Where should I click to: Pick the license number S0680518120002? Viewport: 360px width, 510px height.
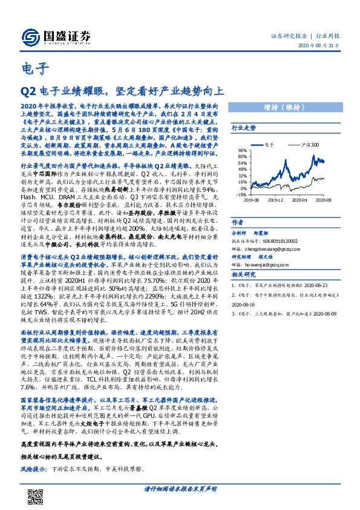pos(273,240)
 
